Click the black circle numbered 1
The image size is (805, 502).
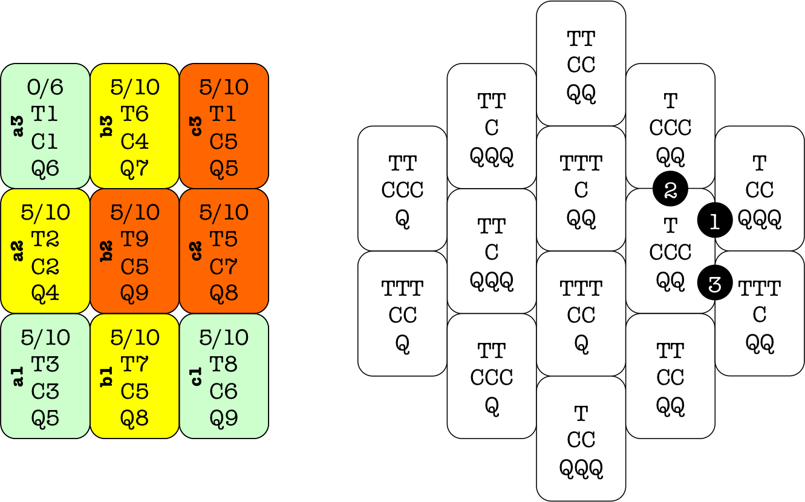click(714, 221)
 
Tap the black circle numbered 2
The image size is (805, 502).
click(670, 190)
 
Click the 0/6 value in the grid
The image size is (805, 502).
click(45, 87)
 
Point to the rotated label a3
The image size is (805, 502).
click(18, 126)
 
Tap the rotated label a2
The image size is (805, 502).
click(18, 251)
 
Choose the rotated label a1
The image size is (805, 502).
click(18, 376)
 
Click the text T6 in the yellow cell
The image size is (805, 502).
click(134, 114)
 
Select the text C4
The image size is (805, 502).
click(134, 142)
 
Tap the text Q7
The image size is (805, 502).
click(134, 168)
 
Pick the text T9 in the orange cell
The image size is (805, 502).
click(134, 239)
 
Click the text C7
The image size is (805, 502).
click(224, 266)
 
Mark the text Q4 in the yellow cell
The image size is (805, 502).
click(45, 293)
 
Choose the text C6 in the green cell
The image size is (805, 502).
click(224, 391)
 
